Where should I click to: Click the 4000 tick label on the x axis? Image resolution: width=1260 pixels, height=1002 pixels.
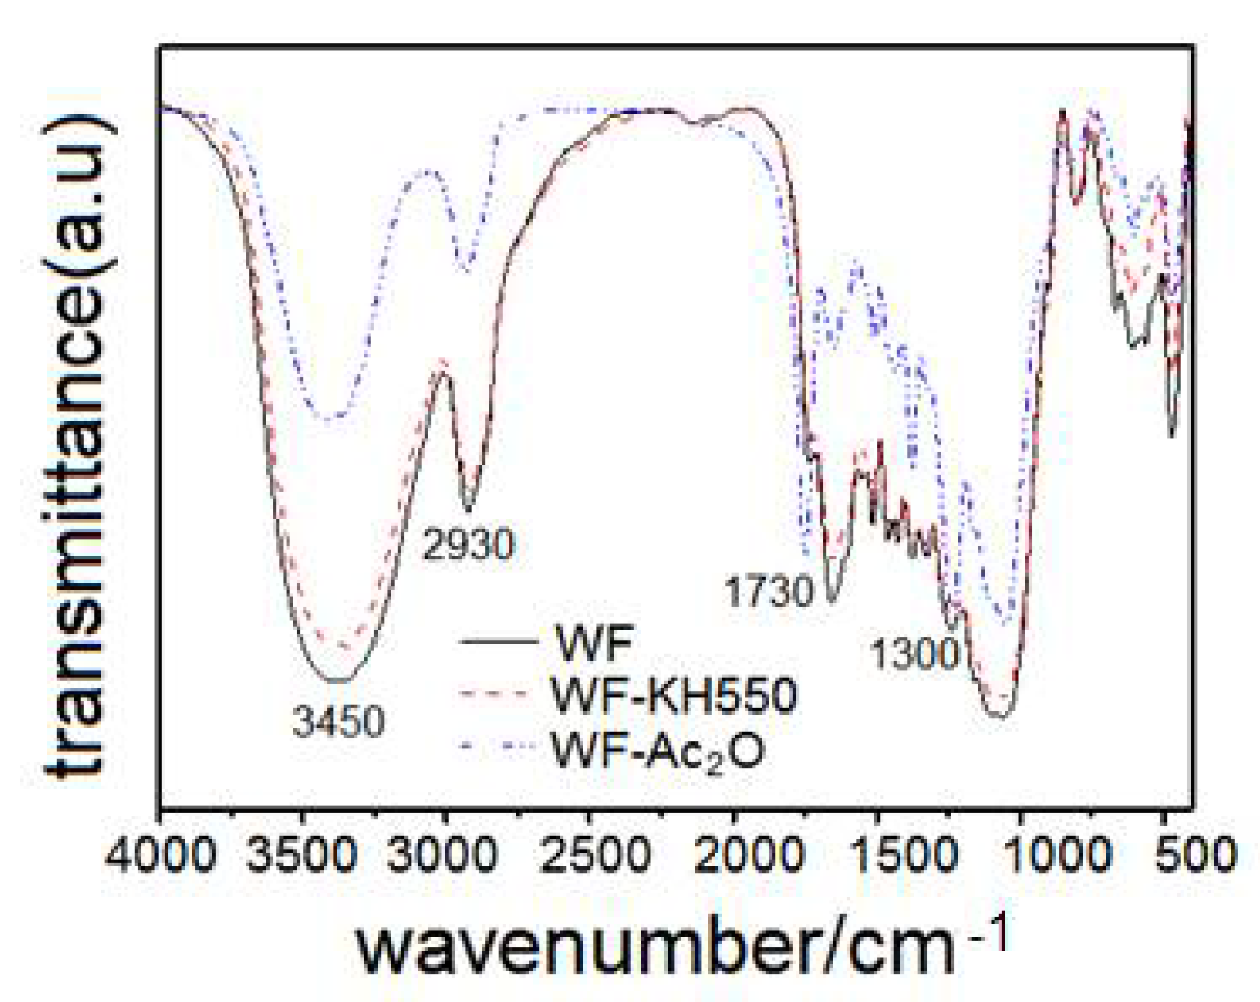[161, 856]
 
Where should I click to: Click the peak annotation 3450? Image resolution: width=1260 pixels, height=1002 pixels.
[338, 722]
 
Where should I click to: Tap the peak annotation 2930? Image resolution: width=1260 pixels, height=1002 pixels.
[468, 545]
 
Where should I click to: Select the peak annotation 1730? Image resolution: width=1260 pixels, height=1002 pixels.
[770, 591]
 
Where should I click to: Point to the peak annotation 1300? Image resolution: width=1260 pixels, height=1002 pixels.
[914, 654]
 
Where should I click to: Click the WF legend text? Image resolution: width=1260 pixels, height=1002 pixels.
[594, 644]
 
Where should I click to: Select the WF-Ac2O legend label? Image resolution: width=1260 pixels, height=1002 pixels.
[659, 750]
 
